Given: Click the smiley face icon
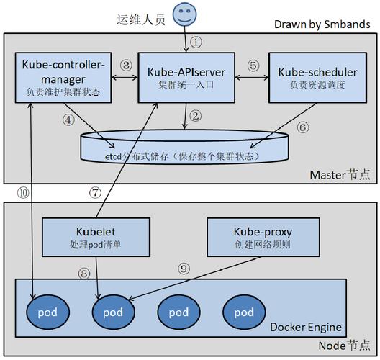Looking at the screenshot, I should point(185,14).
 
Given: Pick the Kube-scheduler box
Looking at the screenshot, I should point(315,77).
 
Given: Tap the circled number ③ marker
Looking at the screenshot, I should point(126,65).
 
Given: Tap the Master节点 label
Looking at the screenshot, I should point(339,175).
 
